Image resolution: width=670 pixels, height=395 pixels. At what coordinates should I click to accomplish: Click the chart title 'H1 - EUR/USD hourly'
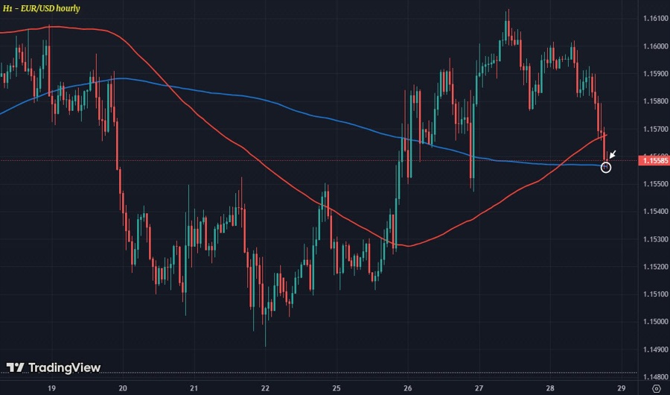coord(42,8)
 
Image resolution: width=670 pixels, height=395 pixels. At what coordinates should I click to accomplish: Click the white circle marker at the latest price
coord(606,167)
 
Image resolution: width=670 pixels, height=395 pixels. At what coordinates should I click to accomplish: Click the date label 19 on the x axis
coord(51,388)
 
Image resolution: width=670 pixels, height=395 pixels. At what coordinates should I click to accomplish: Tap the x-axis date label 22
coord(266,388)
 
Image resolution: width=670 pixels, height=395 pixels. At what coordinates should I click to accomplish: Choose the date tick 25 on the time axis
coord(336,388)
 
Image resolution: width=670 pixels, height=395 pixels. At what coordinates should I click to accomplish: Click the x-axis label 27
coord(479,388)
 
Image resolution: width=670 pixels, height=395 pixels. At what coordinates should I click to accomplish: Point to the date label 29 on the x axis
coord(621,388)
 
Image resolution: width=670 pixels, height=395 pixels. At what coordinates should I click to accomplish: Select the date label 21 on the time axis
coord(194,388)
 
